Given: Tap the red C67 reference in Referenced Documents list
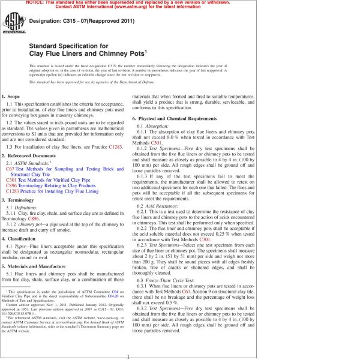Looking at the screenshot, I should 10,169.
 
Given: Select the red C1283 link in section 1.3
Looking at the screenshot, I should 115,146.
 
